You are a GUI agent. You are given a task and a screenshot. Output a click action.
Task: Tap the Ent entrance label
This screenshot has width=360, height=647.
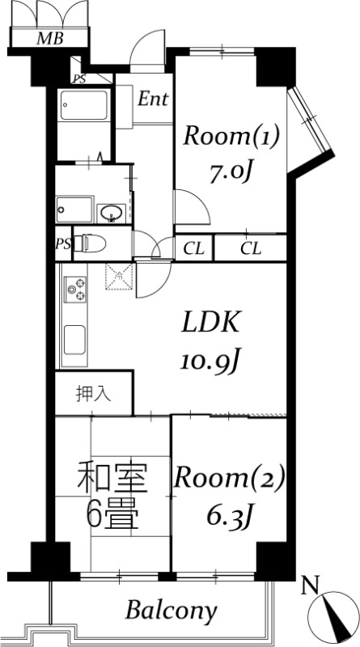pyautogui.click(x=153, y=99)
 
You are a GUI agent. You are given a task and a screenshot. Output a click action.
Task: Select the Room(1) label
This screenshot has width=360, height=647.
pyautogui.click(x=231, y=136)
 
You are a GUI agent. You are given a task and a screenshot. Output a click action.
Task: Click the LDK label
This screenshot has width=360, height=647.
pyautogui.click(x=209, y=323)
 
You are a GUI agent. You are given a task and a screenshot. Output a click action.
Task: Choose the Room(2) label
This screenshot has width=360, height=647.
pyautogui.click(x=230, y=479)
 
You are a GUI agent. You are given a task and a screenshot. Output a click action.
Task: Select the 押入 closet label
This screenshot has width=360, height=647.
pyautogui.click(x=93, y=394)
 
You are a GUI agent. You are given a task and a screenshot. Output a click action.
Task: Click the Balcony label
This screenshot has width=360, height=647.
pyautogui.click(x=172, y=611)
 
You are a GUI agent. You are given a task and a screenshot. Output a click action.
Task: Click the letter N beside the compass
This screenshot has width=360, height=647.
pyautogui.click(x=307, y=585)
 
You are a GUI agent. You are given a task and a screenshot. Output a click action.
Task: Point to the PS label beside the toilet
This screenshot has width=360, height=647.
pyautogui.click(x=63, y=243)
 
